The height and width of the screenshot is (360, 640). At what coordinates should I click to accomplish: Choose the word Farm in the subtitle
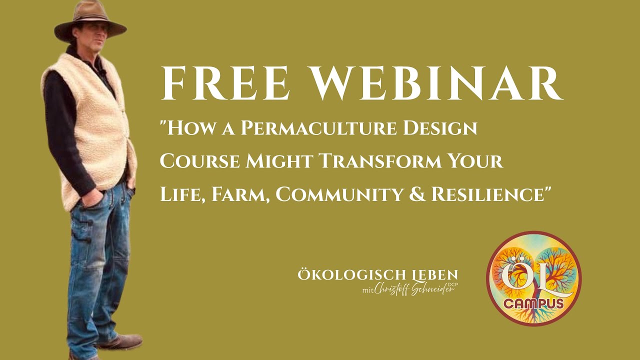240,194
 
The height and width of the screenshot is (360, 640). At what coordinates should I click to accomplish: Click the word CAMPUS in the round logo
533,303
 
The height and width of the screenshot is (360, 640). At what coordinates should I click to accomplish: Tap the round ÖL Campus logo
533,278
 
